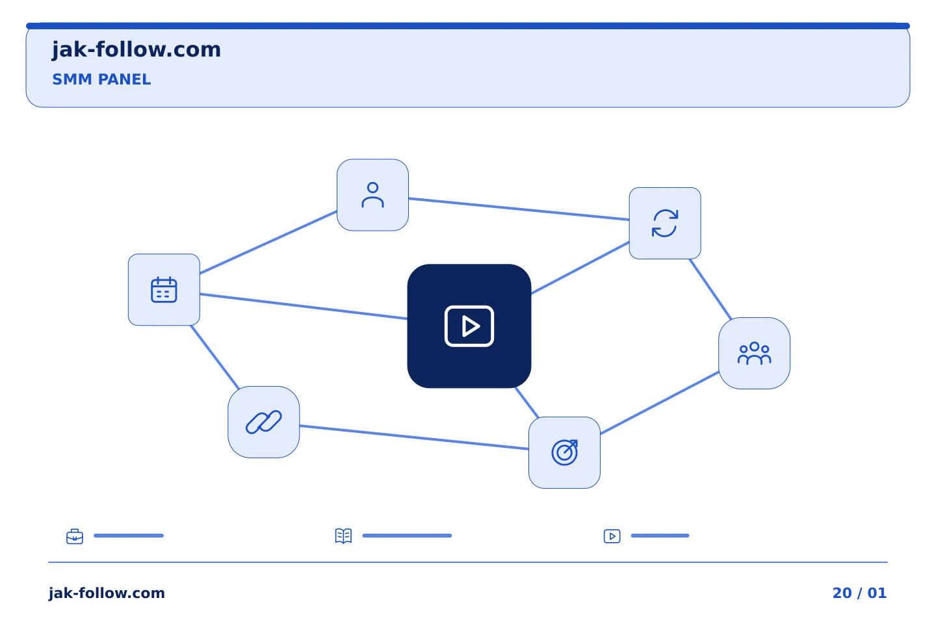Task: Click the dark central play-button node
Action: [469, 326]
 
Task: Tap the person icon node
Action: [372, 195]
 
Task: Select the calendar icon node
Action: [164, 290]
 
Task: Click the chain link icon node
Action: [264, 422]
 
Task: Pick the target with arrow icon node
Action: [564, 452]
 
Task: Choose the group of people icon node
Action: [754, 353]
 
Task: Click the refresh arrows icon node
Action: [665, 223]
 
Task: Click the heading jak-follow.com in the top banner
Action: [136, 50]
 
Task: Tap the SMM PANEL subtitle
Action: [101, 79]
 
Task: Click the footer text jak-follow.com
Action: [107, 593]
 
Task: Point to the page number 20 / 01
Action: [859, 593]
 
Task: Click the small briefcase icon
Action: [75, 536]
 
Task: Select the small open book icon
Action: [343, 536]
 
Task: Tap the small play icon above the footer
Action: [612, 536]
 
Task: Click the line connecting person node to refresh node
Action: [519, 209]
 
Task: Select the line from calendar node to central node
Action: [304, 307]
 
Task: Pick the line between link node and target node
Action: [414, 437]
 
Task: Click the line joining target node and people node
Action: [659, 403]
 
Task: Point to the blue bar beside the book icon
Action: [407, 536]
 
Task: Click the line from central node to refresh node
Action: [580, 268]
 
